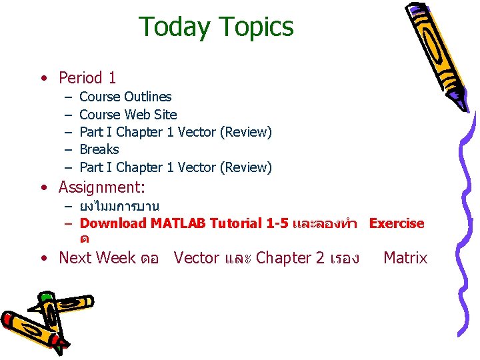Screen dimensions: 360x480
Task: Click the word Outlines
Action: tap(147, 97)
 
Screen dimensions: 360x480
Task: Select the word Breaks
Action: tap(99, 149)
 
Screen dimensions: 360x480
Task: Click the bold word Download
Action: tap(113, 223)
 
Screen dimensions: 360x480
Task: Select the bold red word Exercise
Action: tap(397, 223)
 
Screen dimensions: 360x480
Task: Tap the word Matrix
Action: tap(405, 258)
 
